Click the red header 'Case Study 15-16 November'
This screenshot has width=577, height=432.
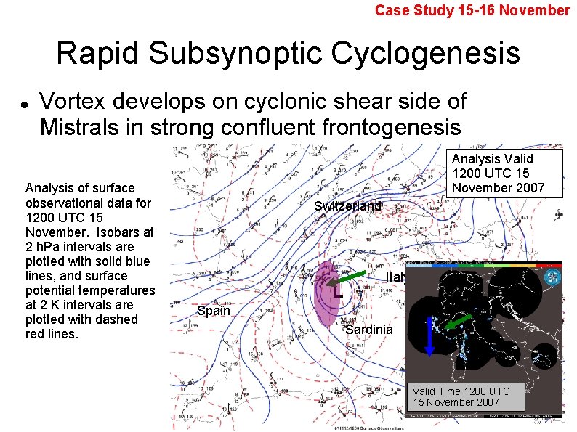point(472,10)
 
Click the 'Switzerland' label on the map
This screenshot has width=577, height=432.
point(347,206)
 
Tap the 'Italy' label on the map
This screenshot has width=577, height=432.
point(396,277)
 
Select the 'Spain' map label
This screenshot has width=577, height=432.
point(214,311)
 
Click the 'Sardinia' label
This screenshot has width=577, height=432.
point(368,329)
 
